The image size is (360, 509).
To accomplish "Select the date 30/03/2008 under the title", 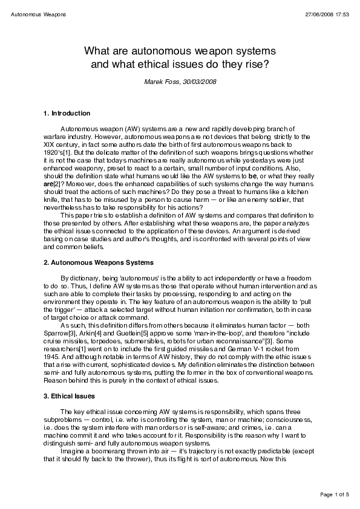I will point(199,80).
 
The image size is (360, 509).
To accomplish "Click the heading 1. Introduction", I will point(67,113).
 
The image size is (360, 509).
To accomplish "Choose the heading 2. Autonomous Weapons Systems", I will point(99,263).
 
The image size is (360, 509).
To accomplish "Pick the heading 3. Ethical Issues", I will point(69,397).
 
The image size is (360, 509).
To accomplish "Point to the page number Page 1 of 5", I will point(334,495).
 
